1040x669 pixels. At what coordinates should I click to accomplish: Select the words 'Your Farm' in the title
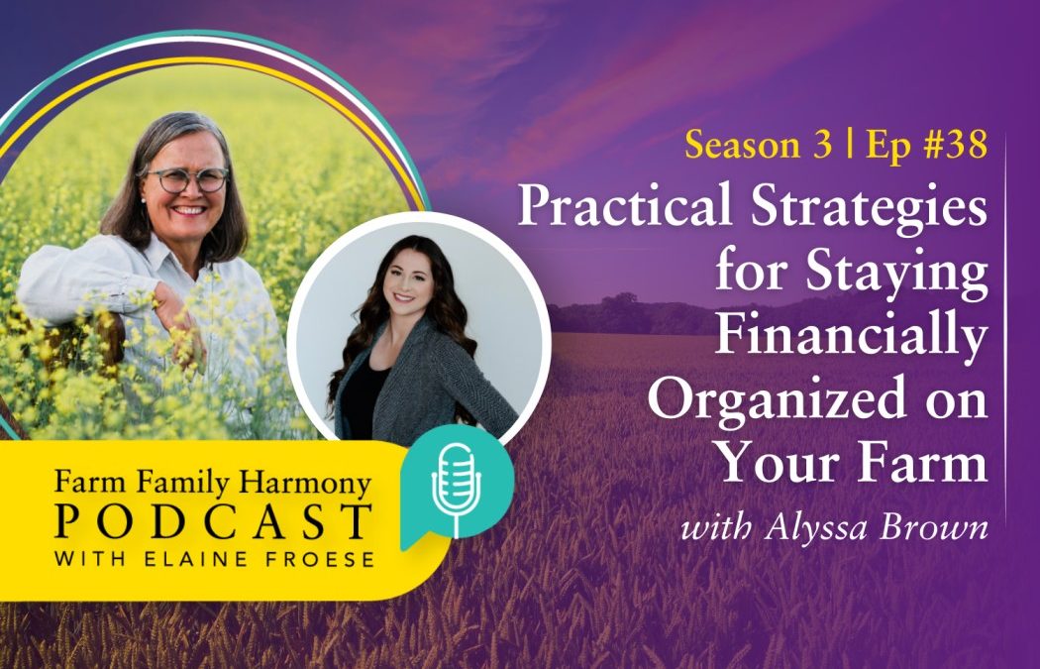click(852, 463)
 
